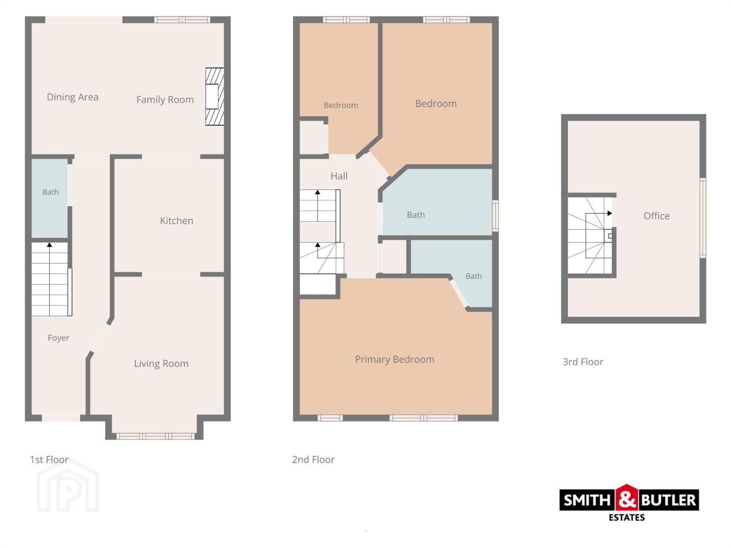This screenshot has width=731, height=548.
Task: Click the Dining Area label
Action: click(73, 97)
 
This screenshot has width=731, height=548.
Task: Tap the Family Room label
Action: click(165, 99)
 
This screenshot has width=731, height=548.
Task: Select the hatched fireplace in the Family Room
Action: click(214, 96)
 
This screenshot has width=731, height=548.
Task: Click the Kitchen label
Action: click(177, 221)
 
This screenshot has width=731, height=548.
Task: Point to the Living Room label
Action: click(161, 364)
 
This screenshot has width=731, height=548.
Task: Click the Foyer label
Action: click(58, 338)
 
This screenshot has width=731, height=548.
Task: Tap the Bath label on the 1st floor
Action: click(51, 192)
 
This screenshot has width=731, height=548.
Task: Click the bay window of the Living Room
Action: click(155, 436)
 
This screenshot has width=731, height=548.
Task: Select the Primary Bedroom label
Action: click(394, 360)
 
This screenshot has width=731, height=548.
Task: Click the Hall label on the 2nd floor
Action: click(339, 176)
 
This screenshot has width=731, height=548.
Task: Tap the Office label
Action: click(656, 216)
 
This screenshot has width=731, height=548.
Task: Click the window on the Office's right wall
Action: click(703, 218)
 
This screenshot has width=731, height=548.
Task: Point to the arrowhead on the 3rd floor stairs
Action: click(610, 213)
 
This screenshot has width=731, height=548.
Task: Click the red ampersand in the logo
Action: click(627, 500)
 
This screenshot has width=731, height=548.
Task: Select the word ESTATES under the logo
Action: click(627, 518)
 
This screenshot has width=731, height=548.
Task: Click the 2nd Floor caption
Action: click(313, 460)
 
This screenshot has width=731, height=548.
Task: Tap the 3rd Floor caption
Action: click(583, 362)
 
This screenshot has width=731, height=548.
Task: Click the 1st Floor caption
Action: click(49, 460)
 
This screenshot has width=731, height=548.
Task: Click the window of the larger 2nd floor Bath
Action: click(495, 216)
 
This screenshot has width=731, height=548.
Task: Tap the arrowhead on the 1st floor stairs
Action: click(49, 245)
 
